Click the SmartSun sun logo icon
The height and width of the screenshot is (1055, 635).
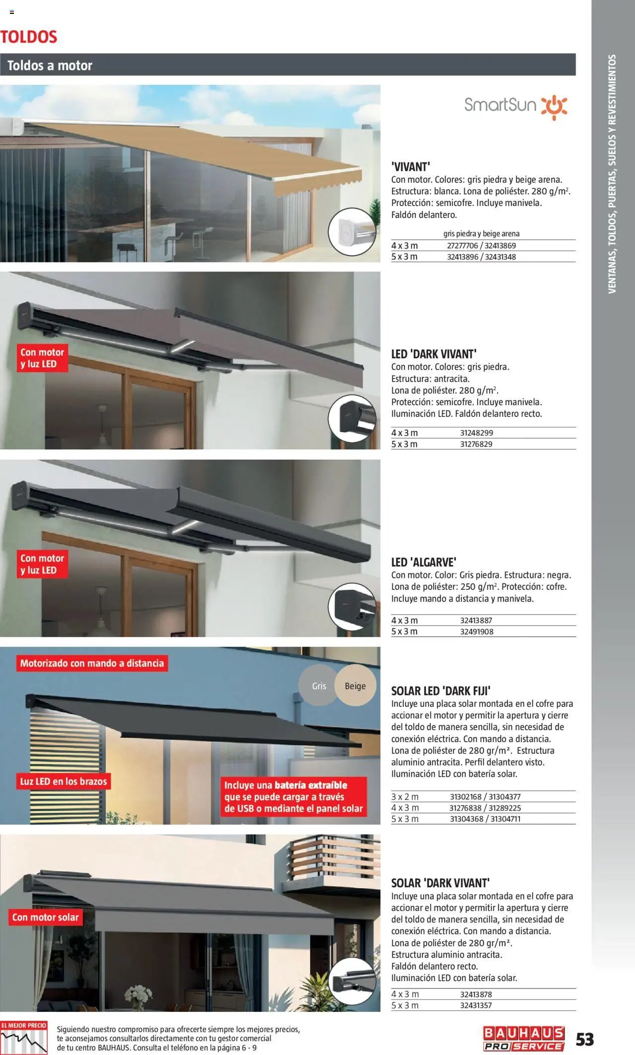554,106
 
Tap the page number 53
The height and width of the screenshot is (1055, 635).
585,1039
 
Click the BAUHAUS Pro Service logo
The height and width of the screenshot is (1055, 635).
523,1039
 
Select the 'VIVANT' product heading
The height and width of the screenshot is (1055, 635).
410,167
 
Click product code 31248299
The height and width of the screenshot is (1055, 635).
476,433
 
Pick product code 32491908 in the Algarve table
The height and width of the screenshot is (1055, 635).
477,632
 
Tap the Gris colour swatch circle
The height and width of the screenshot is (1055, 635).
318,686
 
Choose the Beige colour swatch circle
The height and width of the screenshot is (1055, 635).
355,686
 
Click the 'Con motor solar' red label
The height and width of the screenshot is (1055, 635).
46,917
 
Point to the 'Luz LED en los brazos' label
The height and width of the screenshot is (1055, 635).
63,781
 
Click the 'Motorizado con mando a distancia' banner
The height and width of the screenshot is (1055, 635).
92,663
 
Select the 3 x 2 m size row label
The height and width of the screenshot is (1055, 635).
405,797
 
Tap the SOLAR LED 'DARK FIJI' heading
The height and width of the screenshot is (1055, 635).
441,691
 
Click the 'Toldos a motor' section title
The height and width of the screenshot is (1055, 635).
50,66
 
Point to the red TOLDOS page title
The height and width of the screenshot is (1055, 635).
29,37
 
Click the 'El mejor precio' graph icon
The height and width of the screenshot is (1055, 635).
24,1039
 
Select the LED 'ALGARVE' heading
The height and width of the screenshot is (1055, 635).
423,562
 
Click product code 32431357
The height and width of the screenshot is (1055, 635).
476,1005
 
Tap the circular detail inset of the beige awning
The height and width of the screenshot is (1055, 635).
352,232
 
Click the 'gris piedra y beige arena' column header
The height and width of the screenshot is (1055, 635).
481,234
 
